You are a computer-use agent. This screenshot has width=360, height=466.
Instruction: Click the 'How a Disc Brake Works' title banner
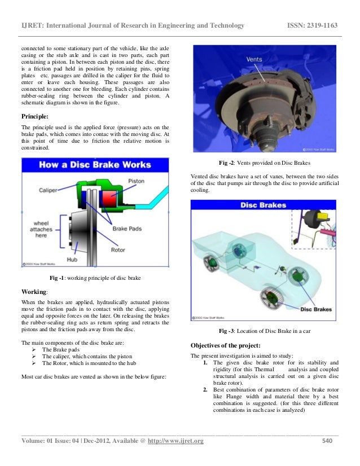click(95, 165)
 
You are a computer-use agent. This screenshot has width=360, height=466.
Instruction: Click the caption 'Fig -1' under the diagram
click(57, 278)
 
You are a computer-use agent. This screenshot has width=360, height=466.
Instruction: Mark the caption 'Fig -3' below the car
click(229, 331)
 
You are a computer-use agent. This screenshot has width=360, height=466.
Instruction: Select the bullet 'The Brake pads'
click(62, 350)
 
